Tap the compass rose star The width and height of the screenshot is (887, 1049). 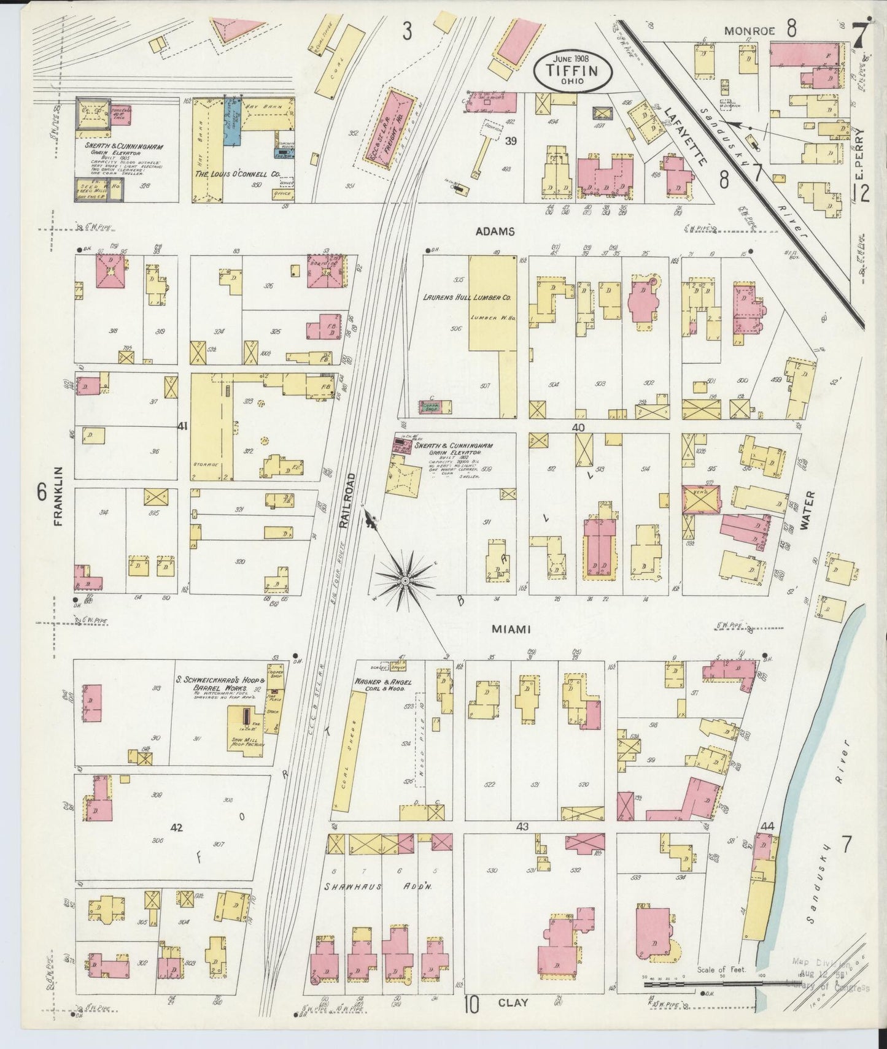click(x=405, y=579)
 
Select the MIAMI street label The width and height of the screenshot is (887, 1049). click(x=510, y=629)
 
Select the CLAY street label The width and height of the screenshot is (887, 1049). click(x=513, y=1002)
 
